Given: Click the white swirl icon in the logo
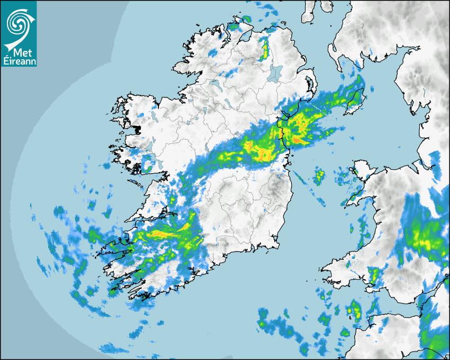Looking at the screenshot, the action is coord(18,21).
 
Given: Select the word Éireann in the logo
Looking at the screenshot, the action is coord(19,61).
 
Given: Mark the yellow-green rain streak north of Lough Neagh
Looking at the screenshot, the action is coord(264,49).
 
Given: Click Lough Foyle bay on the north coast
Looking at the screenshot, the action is coord(245,34).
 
